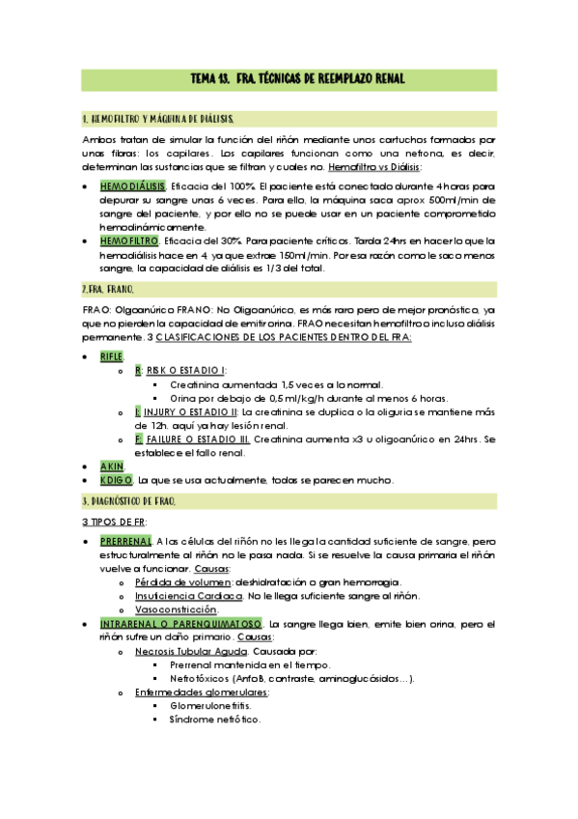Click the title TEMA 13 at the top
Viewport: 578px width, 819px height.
(x=289, y=76)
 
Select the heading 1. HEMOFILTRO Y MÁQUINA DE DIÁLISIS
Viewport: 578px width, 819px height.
(x=159, y=119)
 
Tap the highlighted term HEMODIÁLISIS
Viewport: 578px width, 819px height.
(x=132, y=185)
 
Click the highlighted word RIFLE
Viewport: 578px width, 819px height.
(x=112, y=355)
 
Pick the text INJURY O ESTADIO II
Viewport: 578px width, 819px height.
(x=197, y=411)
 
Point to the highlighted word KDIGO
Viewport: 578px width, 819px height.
(x=116, y=480)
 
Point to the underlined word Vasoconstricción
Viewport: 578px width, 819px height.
(x=176, y=610)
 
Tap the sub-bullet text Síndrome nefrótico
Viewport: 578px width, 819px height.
(x=214, y=720)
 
